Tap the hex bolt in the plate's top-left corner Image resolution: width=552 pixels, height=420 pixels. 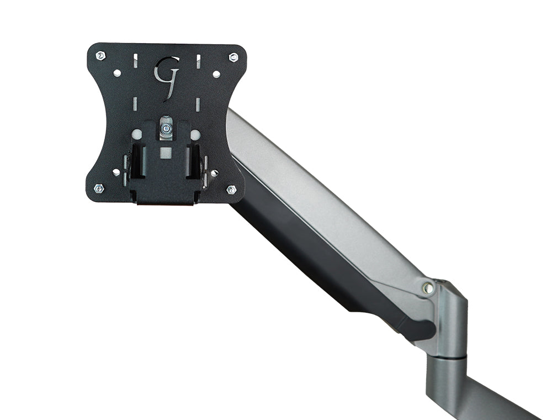point(100,56)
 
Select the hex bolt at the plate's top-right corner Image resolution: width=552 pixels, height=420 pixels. point(233,57)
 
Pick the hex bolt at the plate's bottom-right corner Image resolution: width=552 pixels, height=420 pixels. point(232,190)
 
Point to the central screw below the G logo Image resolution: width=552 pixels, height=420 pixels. point(166,129)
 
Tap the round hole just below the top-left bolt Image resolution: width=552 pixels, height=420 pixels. point(116,73)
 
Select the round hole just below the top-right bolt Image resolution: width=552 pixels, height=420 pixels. point(216,73)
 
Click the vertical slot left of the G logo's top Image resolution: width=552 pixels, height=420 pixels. point(133,61)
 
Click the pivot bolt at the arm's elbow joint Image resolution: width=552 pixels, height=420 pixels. point(426,287)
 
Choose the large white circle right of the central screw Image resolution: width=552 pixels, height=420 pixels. point(195,134)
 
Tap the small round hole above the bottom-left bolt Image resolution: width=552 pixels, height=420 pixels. point(116,172)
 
